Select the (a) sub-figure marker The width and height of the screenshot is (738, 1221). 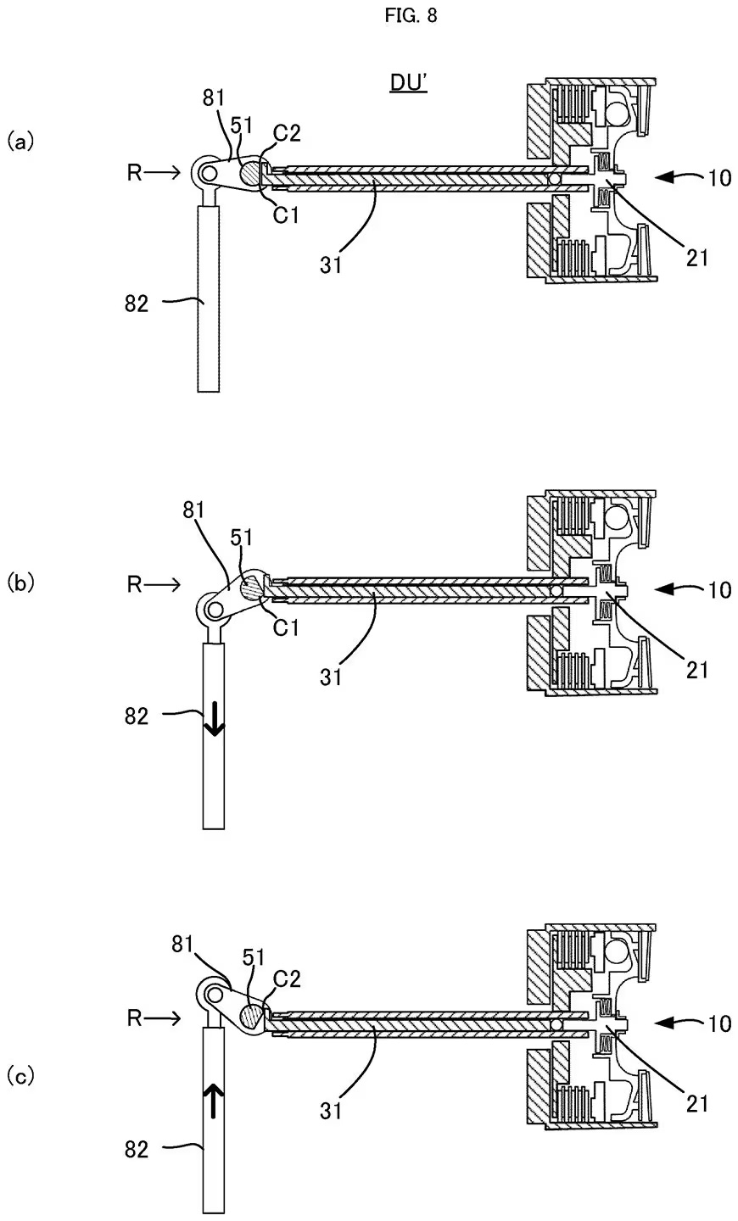(x=20, y=140)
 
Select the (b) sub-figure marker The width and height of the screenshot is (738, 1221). (x=20, y=583)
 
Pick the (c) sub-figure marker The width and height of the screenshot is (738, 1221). (x=20, y=1077)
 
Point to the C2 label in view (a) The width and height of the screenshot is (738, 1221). (x=285, y=132)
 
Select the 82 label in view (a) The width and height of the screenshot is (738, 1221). (x=136, y=302)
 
